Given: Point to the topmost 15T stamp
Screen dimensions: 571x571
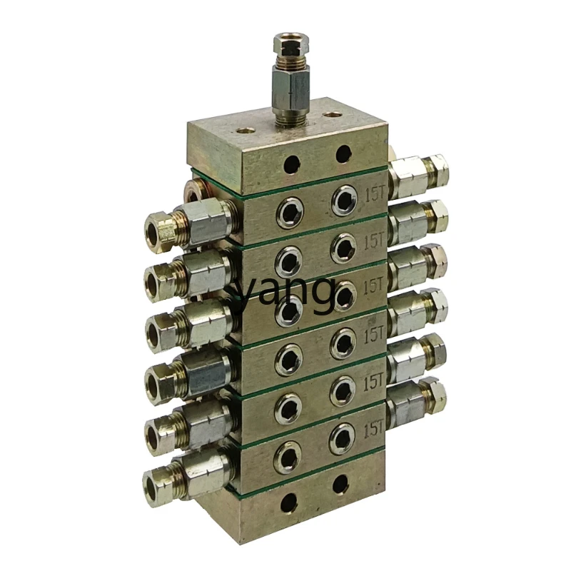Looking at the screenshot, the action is [x=375, y=196].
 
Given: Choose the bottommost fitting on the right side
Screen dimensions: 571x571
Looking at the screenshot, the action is [x=416, y=403].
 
